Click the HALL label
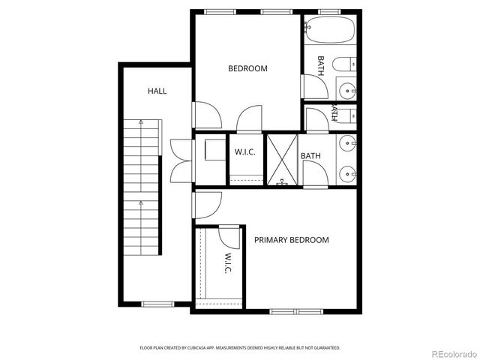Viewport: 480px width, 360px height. (157, 91)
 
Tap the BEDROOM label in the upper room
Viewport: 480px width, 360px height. (247, 68)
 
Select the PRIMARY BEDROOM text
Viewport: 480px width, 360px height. (291, 240)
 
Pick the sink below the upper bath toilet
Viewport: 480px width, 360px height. (347, 91)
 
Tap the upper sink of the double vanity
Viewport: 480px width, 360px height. (348, 143)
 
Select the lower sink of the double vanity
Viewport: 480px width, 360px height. (348, 174)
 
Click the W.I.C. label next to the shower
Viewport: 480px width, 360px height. (245, 152)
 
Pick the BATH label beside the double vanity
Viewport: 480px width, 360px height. (310, 156)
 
